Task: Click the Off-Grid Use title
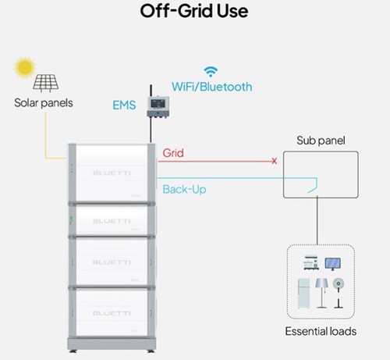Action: pos(194,11)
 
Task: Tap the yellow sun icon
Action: pos(25,67)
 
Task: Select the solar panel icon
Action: pos(46,84)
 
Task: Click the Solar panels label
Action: pos(44,103)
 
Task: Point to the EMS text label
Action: pos(124,105)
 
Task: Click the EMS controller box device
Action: pos(158,107)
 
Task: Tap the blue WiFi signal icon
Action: pos(211,72)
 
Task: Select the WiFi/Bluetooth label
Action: pos(211,87)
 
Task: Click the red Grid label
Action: pos(173,153)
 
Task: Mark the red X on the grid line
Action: pos(274,161)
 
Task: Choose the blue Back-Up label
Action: pos(184,189)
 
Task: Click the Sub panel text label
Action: pos(321,141)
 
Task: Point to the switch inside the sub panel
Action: pos(313,189)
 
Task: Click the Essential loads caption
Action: pos(321,331)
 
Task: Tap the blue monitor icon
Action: pos(333,264)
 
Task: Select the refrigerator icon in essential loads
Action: pos(303,294)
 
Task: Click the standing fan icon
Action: pos(339,294)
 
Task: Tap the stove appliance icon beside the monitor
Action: pos(311,262)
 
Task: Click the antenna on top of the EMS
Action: pos(151,91)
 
